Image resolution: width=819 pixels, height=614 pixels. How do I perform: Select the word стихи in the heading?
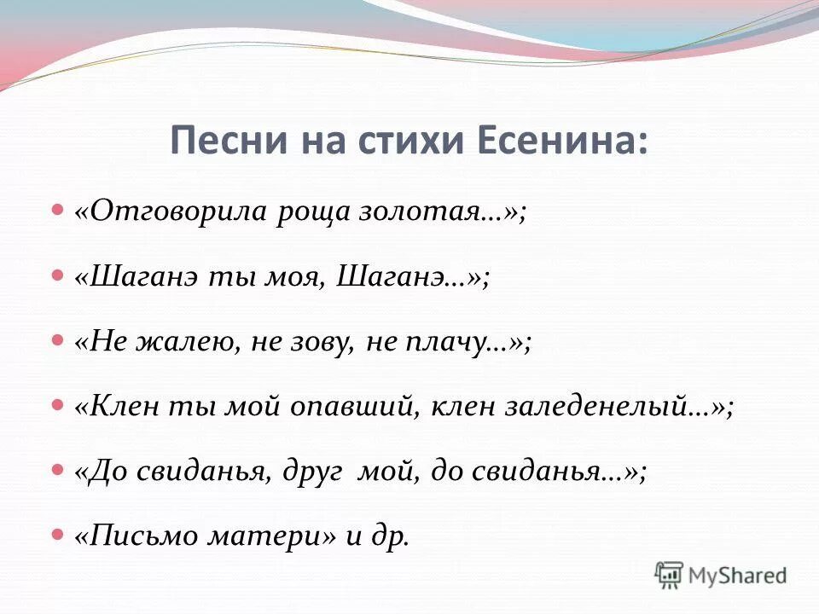(x=398, y=140)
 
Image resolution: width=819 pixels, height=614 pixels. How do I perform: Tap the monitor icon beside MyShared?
(x=670, y=575)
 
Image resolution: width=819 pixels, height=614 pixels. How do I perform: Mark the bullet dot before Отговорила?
(x=58, y=210)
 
